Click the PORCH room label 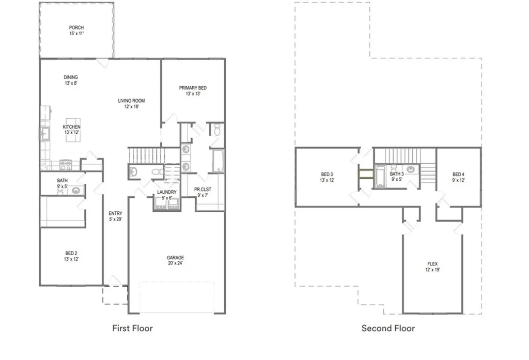point(76,28)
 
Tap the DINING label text point(71,77)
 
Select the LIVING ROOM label point(131,101)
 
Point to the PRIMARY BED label point(193,88)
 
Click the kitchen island point(73,130)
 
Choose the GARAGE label point(175,257)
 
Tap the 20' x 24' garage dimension point(175,263)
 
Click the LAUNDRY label point(167,192)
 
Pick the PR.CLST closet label point(203,189)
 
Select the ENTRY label point(115,213)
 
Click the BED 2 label point(71,253)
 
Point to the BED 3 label point(327,175)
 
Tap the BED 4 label point(458,175)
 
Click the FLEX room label point(432,264)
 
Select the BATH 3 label point(397,174)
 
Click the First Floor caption point(133,328)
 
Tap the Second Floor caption point(388,328)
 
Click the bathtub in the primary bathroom point(218,161)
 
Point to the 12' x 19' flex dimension point(432,270)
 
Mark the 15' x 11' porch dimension point(76,34)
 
